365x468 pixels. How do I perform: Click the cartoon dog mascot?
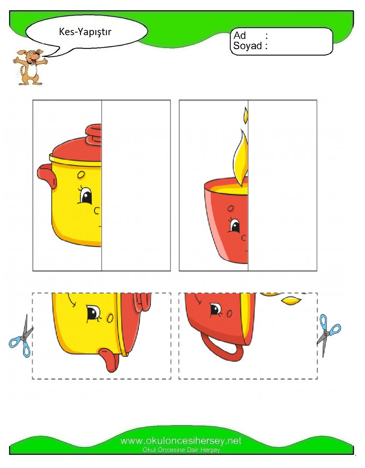pyautogui.click(x=30, y=67)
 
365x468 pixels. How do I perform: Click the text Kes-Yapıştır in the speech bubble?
pyautogui.click(x=85, y=32)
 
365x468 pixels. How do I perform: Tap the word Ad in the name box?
pyautogui.click(x=239, y=35)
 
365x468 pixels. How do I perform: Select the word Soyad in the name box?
pyautogui.click(x=247, y=46)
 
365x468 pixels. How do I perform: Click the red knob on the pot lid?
pyautogui.click(x=94, y=135)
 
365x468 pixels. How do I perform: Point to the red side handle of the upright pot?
pyautogui.click(x=47, y=175)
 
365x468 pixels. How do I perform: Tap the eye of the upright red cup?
pyautogui.click(x=235, y=226)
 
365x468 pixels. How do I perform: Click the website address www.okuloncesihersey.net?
pyautogui.click(x=181, y=441)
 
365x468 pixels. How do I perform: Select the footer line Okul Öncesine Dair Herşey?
pyautogui.click(x=181, y=450)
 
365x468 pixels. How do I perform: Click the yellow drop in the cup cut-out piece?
pyautogui.click(x=291, y=301)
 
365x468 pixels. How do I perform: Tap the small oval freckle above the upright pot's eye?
pyautogui.click(x=81, y=174)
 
